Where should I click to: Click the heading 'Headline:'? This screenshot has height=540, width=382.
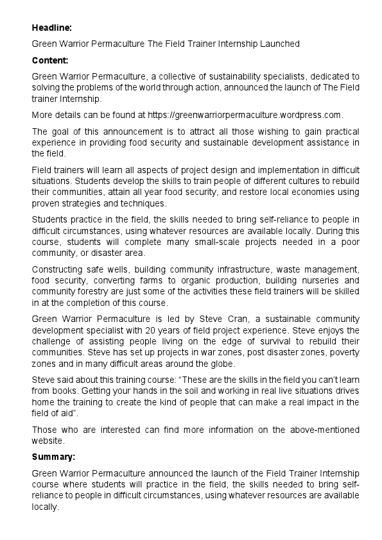pos(52,28)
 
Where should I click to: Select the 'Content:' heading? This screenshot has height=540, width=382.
pos(50,60)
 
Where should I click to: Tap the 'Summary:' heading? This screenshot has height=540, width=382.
pos(53,457)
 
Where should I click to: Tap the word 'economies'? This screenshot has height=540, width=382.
pos(288,192)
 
